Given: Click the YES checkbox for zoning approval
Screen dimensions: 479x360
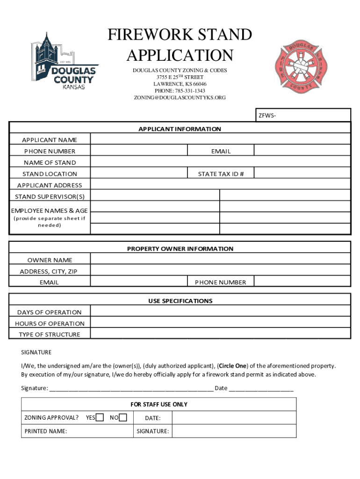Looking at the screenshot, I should coord(100,418).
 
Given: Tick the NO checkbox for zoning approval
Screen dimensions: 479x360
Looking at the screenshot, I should coord(123,418).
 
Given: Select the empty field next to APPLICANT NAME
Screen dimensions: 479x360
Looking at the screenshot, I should coord(220,139).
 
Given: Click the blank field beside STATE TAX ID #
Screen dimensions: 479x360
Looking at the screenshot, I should coord(302,174).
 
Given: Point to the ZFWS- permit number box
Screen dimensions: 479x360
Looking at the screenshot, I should coord(302,115).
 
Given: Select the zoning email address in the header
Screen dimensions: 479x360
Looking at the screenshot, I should coord(180,98).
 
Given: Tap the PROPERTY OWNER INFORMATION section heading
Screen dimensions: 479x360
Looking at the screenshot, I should coord(180,249).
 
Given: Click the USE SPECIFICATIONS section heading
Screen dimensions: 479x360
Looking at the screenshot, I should coord(180,301).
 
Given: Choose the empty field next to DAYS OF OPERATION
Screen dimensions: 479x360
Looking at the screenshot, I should coord(220,312).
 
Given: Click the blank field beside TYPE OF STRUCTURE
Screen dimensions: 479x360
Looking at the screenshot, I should coord(220,334).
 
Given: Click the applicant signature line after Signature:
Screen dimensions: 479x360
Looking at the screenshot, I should coord(131,388).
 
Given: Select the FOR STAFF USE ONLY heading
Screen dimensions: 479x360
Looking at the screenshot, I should coord(159,404).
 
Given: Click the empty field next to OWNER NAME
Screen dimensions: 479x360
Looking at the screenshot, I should coord(220,260).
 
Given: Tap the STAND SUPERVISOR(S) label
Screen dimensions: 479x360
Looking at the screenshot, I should coord(50,196).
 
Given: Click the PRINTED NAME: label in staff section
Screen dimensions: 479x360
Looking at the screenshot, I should coord(46,431).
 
